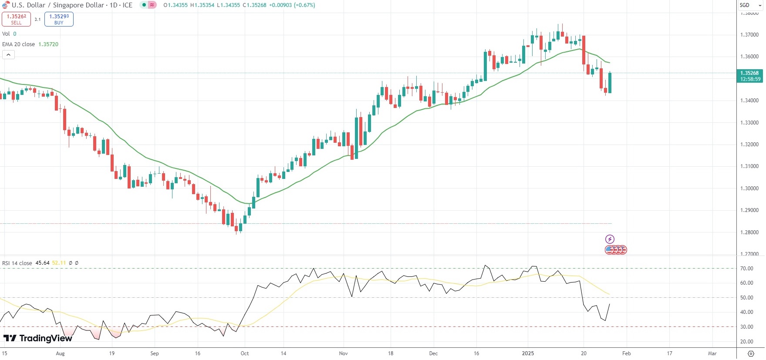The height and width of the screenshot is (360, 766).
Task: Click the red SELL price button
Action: [16, 19]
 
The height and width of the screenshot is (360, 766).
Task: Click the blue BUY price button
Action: [59, 19]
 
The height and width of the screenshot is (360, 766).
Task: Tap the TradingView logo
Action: [38, 338]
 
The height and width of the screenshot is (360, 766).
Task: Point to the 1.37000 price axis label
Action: [749, 35]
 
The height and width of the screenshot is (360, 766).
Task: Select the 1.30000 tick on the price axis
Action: [749, 188]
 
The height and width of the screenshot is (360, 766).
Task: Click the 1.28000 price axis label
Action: [749, 232]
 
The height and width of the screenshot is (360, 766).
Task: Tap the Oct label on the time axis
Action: [245, 353]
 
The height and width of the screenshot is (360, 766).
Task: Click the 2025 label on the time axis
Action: [528, 353]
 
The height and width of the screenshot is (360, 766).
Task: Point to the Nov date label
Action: [344, 353]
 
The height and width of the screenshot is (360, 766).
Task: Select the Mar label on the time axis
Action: [712, 353]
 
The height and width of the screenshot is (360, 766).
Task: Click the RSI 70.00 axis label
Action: [747, 269]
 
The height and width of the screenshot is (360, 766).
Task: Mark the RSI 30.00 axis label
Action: [747, 327]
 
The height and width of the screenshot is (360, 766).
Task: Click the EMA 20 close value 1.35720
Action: [48, 44]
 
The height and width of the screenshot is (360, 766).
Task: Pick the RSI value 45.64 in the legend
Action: [42, 263]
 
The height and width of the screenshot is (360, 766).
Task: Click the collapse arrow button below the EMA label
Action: [8, 55]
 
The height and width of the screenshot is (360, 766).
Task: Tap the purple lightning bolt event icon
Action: [610, 239]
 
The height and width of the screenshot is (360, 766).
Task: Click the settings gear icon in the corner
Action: [751, 353]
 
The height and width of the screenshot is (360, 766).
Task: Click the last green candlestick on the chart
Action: [610, 83]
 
